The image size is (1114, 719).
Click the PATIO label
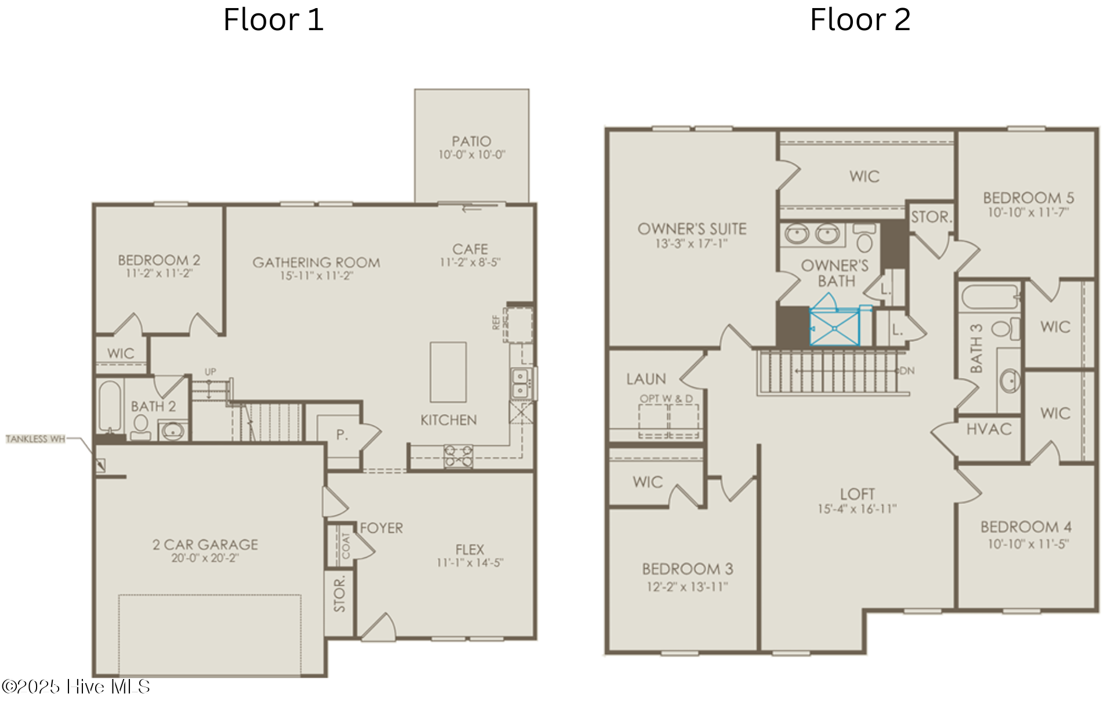coord(471,141)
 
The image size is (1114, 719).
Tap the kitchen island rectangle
coord(448,372)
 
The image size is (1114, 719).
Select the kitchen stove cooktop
coord(458,456)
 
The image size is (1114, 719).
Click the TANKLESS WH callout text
coord(35,439)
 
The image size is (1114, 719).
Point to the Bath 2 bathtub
coord(110,406)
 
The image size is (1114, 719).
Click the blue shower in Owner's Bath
coord(834,328)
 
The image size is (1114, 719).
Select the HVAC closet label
coord(989,429)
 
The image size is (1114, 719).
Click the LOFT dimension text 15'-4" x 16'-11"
coord(857,509)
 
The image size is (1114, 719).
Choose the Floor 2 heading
coord(860,20)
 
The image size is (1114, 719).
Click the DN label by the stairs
coord(907,371)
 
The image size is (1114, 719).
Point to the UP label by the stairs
coord(210,372)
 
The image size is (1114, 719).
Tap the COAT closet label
coord(346,546)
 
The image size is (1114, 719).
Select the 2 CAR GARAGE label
coord(205,544)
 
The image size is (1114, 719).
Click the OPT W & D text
coord(666,399)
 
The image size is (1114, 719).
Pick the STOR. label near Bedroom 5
coord(931,217)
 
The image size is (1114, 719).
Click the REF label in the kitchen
coord(495,322)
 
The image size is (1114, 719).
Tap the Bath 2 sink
coord(172,431)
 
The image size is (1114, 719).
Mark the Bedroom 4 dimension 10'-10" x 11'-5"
coord(1028,544)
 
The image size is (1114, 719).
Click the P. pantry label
coord(342,434)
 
